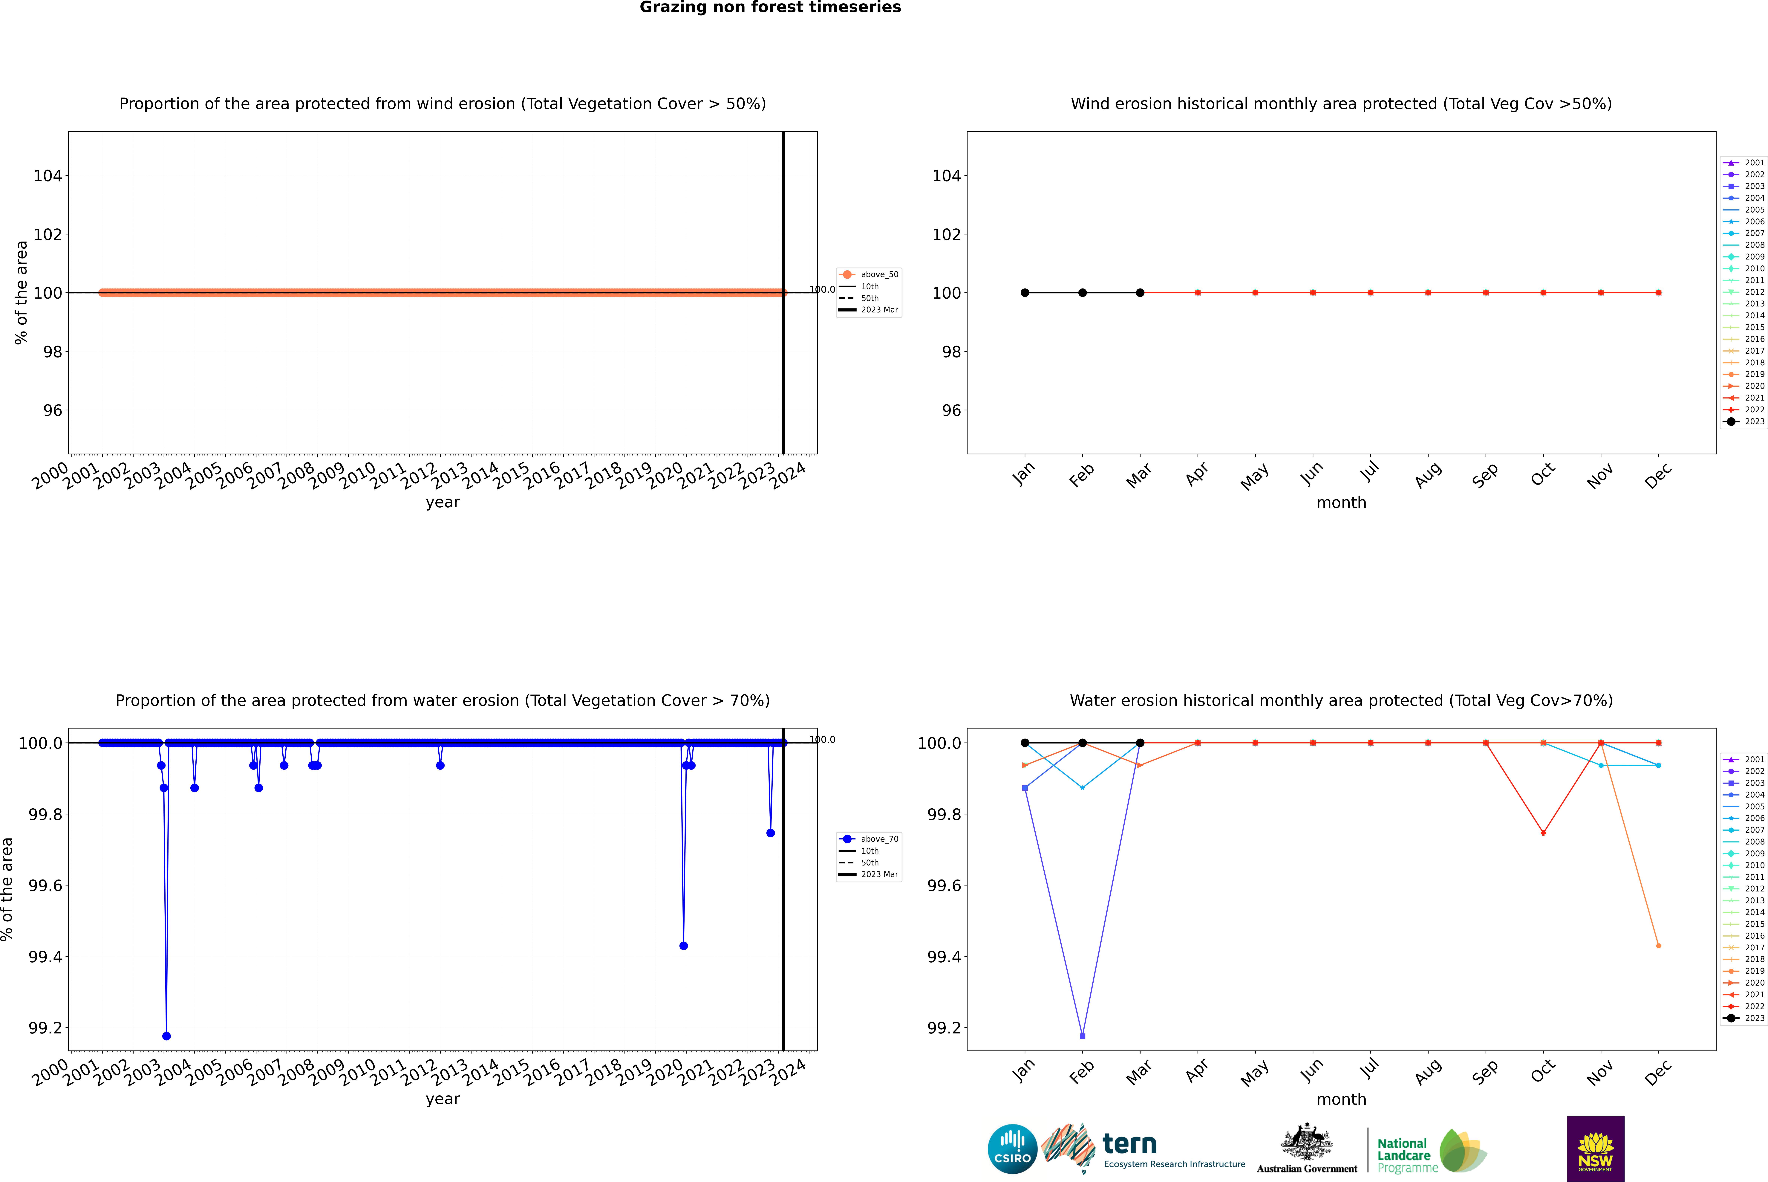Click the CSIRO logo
pos(1012,1149)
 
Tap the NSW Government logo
pos(1595,1149)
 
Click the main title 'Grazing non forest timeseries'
pos(770,7)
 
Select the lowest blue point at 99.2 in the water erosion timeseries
pos(166,1036)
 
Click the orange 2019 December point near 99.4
pos(1658,945)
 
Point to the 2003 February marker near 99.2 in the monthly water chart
pos(1082,1036)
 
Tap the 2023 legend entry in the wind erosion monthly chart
pos(1745,421)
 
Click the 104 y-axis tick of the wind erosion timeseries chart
pos(48,176)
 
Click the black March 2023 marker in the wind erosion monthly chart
pos(1140,292)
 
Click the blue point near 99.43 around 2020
pos(684,945)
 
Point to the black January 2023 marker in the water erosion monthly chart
pos(1025,743)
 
